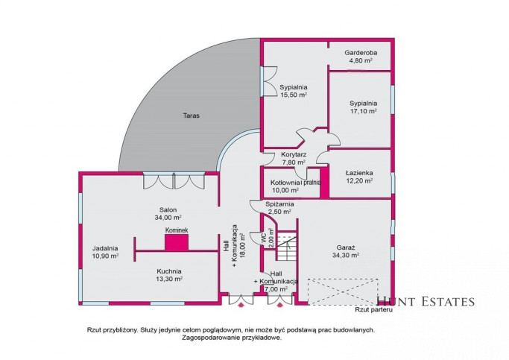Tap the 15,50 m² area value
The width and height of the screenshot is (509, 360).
coord(294,95)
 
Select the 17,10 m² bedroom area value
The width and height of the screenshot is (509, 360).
coord(363,111)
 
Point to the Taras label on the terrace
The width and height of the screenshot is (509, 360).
coord(192,116)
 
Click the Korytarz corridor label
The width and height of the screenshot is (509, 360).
coord(294,154)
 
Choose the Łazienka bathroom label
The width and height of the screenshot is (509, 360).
coord(359,173)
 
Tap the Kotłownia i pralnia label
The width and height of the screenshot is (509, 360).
coord(295,183)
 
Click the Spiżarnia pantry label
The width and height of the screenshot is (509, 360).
coord(279,204)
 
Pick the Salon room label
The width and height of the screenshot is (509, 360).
coord(168,209)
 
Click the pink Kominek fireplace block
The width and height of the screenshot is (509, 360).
coord(177,242)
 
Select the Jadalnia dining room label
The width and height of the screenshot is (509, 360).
coord(105,248)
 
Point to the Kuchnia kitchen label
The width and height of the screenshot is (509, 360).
coord(169,271)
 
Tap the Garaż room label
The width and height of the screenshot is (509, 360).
coord(345,247)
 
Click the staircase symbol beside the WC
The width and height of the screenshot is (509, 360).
coord(286,246)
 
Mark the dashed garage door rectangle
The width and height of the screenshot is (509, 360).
coord(343,292)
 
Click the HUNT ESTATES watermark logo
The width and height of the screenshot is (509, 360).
coord(426,302)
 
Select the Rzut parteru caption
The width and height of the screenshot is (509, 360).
coord(374,309)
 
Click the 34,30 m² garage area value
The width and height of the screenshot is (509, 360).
coord(345,255)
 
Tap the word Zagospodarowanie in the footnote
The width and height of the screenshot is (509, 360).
coord(208,338)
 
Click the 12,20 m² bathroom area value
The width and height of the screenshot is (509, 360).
coord(359,181)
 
